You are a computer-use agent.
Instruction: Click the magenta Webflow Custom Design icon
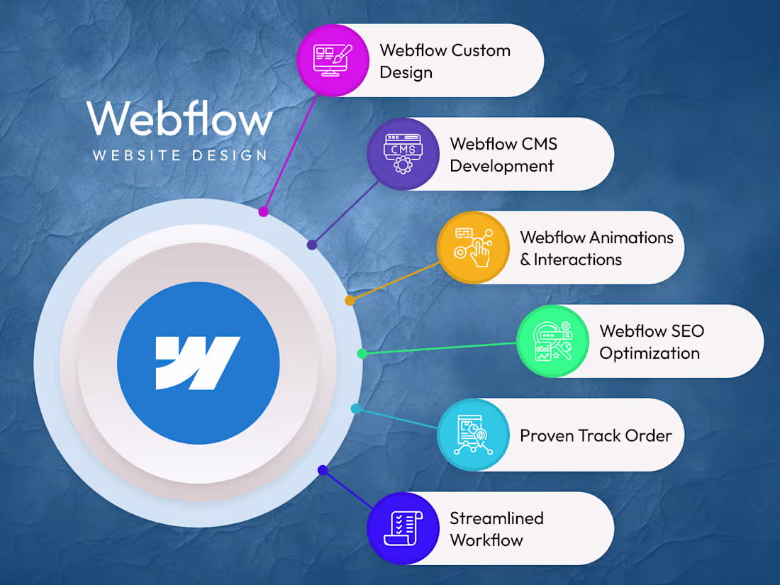pos(333,60)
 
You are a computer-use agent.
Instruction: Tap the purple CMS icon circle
pos(403,154)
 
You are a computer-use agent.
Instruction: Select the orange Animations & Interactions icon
pos(473,247)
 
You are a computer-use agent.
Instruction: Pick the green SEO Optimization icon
pos(552,341)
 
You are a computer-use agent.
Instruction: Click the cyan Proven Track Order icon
pos(473,435)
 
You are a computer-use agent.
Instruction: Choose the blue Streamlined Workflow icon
pos(403,528)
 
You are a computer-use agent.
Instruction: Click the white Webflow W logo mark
pos(198,364)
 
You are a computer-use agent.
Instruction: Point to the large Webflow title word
pos(179,119)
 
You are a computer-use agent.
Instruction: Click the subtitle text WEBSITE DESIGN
pos(180,155)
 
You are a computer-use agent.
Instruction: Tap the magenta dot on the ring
pos(263,211)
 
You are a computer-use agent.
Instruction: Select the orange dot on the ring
pos(350,301)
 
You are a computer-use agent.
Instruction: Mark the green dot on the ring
pos(362,353)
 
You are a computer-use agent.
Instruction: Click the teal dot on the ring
pos(356,408)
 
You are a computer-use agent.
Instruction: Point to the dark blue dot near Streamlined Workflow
pos(323,469)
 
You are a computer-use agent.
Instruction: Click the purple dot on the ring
pos(311,245)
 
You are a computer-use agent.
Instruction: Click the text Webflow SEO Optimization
pos(651,341)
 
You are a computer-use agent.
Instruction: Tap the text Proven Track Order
pos(596,435)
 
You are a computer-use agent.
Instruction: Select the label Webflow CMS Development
pos(503,155)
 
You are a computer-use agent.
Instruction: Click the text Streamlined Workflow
pos(496,529)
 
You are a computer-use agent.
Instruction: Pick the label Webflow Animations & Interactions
pos(596,248)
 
